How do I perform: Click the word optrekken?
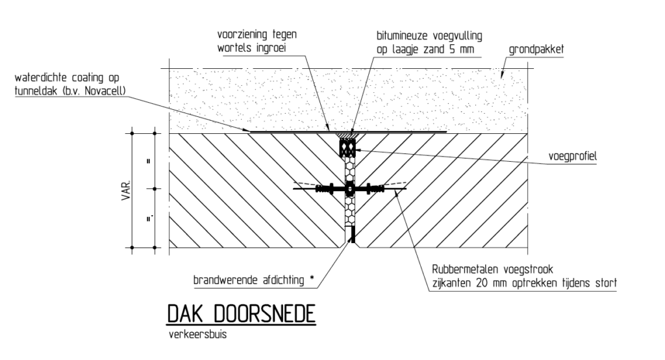pyautogui.click(x=544, y=284)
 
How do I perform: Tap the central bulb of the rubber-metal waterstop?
pyautogui.click(x=349, y=189)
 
